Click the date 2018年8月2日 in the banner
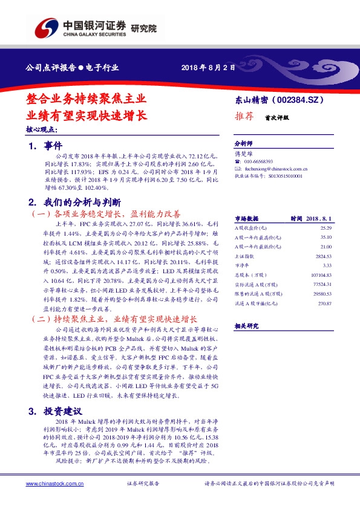208,68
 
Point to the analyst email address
277,169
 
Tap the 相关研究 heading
246,326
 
